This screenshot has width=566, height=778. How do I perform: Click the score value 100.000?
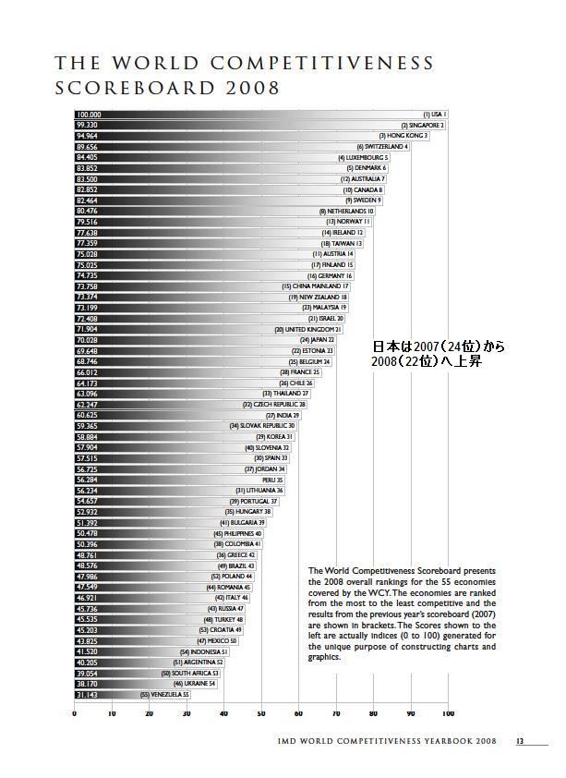click(89, 115)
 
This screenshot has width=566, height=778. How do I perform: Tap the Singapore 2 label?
click(423, 125)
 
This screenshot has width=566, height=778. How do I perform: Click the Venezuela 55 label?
click(165, 694)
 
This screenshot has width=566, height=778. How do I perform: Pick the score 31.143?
click(87, 694)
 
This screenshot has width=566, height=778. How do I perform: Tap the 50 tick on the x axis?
click(261, 713)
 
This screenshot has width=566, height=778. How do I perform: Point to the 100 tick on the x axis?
click(448, 713)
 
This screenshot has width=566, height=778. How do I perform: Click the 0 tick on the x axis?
click(75, 713)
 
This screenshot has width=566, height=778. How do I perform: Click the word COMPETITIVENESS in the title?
click(324, 64)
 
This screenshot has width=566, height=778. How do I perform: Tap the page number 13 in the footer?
click(520, 740)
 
